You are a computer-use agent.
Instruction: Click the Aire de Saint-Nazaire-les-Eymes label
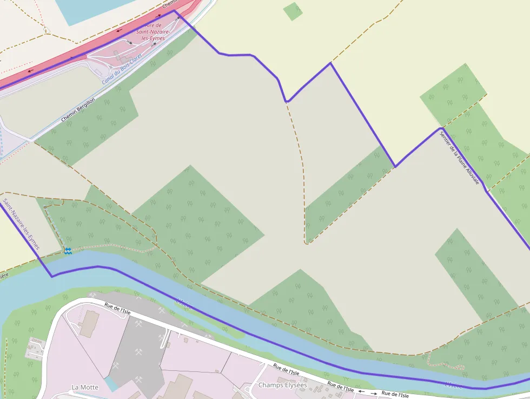click(x=154, y=32)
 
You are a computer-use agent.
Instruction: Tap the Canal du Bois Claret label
click(x=122, y=69)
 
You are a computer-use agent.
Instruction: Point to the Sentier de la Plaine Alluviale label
click(x=459, y=158)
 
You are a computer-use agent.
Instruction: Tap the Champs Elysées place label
click(x=282, y=385)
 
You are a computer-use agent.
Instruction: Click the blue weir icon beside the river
click(x=68, y=250)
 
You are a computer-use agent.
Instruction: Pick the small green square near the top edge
click(x=293, y=11)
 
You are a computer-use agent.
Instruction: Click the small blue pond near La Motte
click(x=110, y=384)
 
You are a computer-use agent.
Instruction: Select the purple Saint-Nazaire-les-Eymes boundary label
click(x=21, y=224)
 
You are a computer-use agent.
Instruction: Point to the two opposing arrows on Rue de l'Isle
click(x=367, y=391)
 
